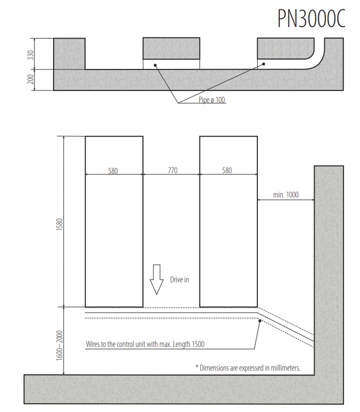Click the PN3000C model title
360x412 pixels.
(x=311, y=18)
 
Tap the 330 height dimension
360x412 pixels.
(x=30, y=55)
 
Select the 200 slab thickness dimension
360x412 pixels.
(x=30, y=79)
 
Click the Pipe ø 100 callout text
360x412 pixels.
(x=212, y=100)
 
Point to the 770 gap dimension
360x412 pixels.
(x=173, y=170)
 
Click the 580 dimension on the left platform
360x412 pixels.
(x=113, y=171)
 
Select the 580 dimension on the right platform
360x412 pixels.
(x=227, y=170)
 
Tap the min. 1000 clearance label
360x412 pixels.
(x=286, y=195)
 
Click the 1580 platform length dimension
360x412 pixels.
(x=60, y=224)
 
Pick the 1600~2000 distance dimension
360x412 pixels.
(x=60, y=345)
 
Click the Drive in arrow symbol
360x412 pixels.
(x=157, y=279)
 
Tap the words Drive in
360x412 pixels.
(x=179, y=280)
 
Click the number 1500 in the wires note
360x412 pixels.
(x=198, y=344)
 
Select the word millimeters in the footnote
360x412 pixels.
(x=285, y=368)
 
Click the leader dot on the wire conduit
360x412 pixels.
(x=260, y=321)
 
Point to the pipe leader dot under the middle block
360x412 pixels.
(x=155, y=65)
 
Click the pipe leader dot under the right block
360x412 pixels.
(x=264, y=64)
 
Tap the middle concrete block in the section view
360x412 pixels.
(x=172, y=49)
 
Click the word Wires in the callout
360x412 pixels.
(x=93, y=344)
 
